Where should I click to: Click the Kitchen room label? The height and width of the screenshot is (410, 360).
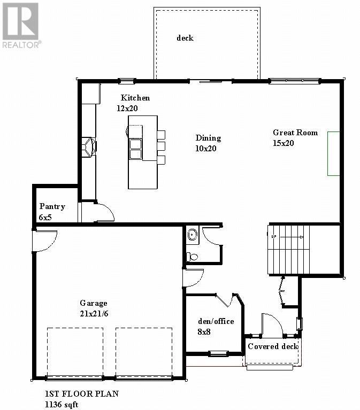click(x=135, y=98)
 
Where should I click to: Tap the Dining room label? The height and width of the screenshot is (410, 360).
click(x=208, y=138)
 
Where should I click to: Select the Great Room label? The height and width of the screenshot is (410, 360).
click(x=295, y=133)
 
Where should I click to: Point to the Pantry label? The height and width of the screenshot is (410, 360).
click(x=52, y=207)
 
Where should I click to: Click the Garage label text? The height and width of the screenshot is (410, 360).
click(x=94, y=303)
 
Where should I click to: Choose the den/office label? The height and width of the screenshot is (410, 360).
click(x=216, y=321)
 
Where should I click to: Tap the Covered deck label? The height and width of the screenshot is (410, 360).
click(x=273, y=346)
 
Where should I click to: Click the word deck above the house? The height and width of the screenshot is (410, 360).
click(x=185, y=38)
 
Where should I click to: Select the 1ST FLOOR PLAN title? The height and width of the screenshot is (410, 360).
click(x=81, y=394)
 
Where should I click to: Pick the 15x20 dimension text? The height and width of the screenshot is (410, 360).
click(x=284, y=143)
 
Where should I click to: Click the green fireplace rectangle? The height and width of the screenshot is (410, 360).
click(x=334, y=153)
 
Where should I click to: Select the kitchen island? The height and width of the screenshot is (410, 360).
click(x=142, y=152)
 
